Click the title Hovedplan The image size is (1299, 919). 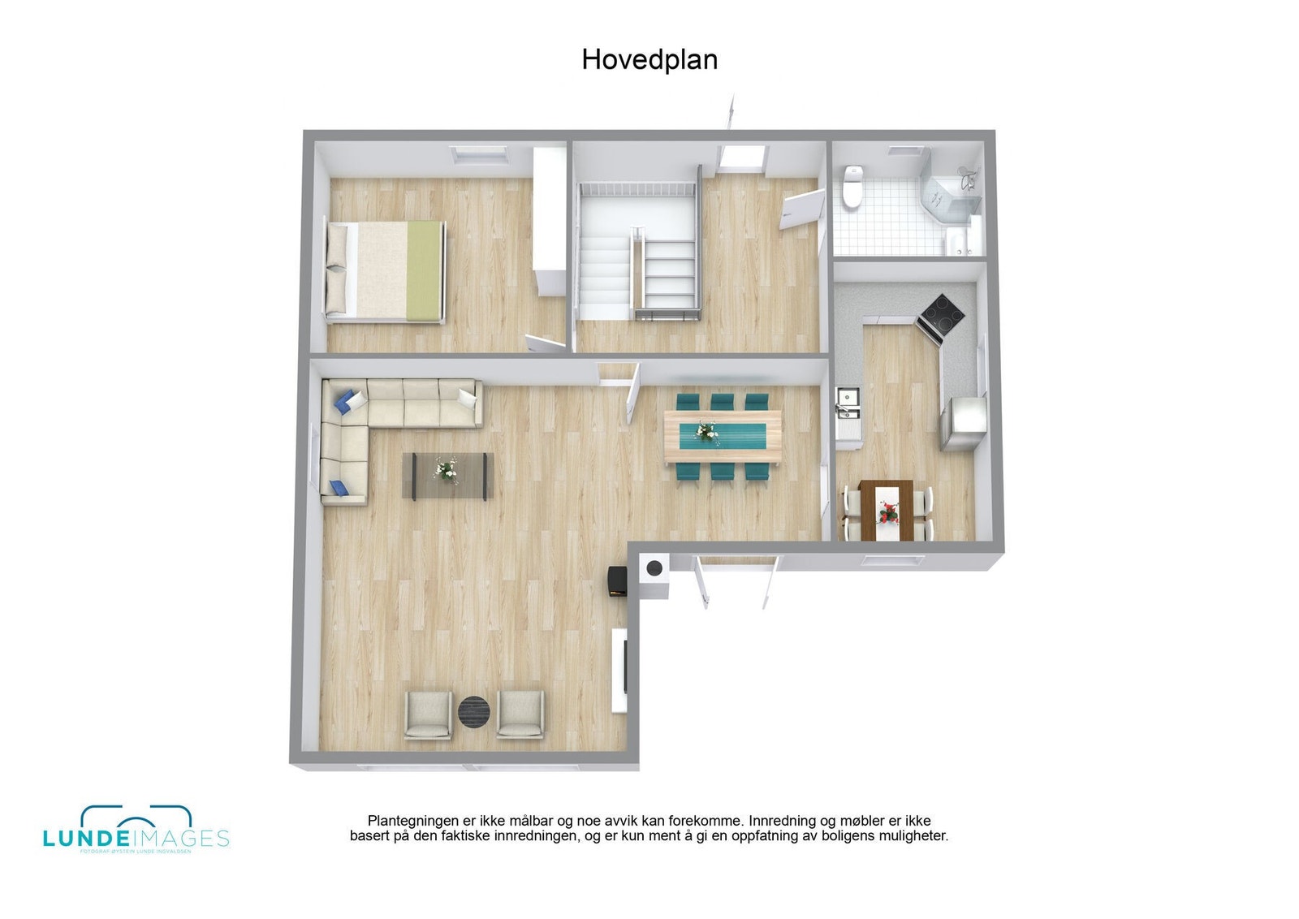coord(649,60)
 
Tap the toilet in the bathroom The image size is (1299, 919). coord(852,188)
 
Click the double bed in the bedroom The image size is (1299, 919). coord(386,271)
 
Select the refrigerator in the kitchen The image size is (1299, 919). coord(963,422)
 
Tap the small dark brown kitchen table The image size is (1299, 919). coord(887,511)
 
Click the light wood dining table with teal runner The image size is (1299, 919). coord(723,436)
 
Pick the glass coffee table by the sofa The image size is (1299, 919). coord(447,475)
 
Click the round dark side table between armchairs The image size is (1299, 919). coord(474,711)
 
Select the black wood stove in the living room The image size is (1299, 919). coord(617,581)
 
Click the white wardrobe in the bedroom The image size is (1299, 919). coord(550,219)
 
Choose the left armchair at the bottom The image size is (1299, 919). coord(428,714)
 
